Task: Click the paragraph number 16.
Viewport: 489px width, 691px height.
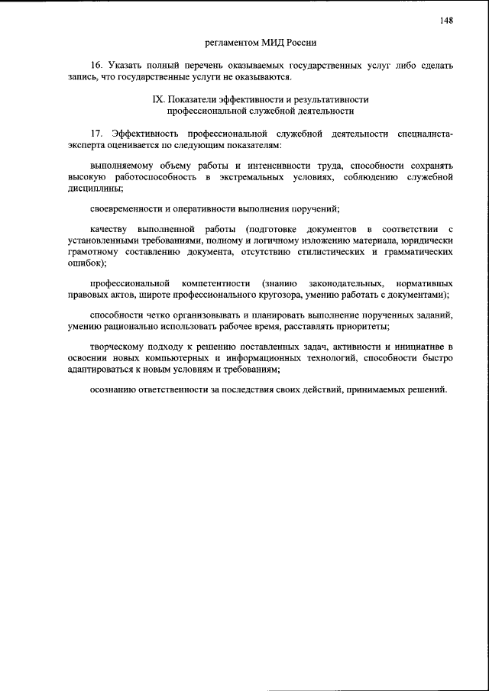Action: pos(96,66)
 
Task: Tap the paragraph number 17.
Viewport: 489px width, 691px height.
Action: pos(96,133)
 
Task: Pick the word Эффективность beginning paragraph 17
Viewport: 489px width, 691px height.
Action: pos(146,133)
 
